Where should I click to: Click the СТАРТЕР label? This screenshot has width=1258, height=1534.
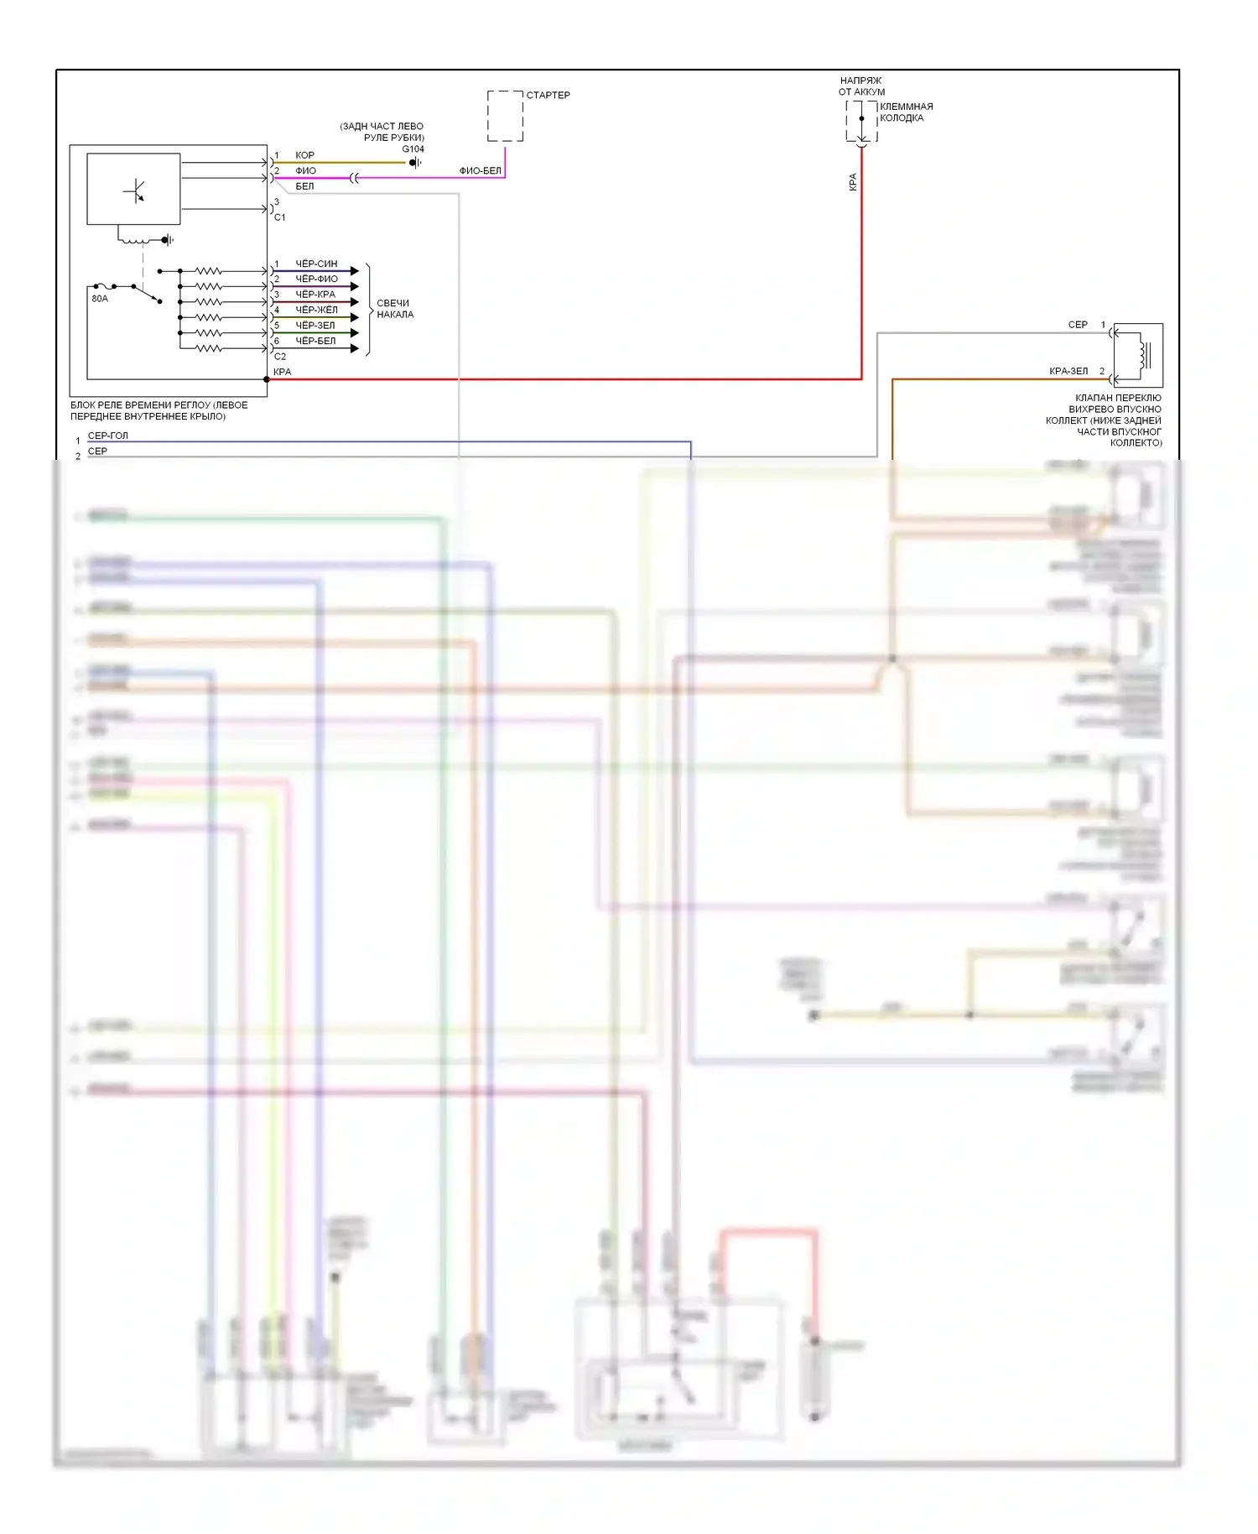pos(548,95)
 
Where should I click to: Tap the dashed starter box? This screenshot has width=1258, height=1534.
pos(505,116)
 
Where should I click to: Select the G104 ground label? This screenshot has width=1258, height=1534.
pos(413,149)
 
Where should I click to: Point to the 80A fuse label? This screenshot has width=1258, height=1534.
pos(100,299)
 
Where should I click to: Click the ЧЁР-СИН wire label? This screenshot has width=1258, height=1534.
pos(316,263)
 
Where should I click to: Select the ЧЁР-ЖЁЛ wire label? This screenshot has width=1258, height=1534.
pos(316,310)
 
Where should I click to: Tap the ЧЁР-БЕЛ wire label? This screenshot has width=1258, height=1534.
pos(315,341)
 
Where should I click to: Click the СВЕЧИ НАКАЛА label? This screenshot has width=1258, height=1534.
pos(394,309)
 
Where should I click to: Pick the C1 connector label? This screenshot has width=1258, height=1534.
pos(280,217)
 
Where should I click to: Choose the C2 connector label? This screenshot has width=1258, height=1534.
pos(280,357)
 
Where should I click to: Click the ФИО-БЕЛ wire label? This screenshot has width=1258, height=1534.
pos(480,170)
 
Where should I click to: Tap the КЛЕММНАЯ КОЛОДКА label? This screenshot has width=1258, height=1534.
pos(906,112)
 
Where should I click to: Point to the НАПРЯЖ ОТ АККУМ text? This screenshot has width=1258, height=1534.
pos(861,86)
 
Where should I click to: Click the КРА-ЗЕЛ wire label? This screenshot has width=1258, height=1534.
pos(1068,371)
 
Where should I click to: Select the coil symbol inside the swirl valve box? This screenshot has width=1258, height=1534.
pos(1141,353)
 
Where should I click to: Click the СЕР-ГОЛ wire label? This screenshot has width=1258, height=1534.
pos(108,436)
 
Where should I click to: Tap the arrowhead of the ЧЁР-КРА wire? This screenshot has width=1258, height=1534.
pos(355,302)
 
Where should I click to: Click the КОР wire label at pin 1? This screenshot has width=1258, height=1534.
pos(304,155)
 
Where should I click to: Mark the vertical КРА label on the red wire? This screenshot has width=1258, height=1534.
pos(853,182)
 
